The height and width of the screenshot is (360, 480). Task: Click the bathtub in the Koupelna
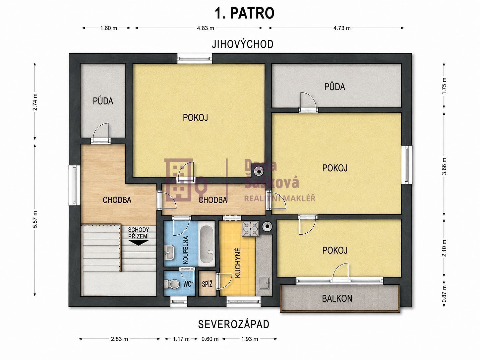coord(207,244)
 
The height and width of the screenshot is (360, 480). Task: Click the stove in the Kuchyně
coord(250,229)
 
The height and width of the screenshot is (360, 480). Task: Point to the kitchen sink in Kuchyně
coord(265,283)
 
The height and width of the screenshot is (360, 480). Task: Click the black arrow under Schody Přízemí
coord(139,243)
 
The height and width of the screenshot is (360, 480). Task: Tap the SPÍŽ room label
coord(207,284)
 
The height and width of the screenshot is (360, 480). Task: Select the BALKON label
coord(337,298)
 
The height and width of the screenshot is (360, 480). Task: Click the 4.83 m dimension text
coord(206,28)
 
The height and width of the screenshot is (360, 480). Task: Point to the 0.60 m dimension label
coord(210,339)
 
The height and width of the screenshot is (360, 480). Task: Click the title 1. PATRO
coord(245,13)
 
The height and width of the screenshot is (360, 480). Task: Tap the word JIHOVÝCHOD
coord(243,44)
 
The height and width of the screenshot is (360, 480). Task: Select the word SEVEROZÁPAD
coord(234,325)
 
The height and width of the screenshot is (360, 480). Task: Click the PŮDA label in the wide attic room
coord(334,87)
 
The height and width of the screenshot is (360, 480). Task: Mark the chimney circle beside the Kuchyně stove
coord(267,226)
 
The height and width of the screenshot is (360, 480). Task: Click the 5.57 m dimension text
coord(35,219)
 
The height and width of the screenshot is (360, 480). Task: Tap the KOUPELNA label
coord(185,250)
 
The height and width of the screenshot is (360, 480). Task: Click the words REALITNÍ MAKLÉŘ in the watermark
coord(280,199)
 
